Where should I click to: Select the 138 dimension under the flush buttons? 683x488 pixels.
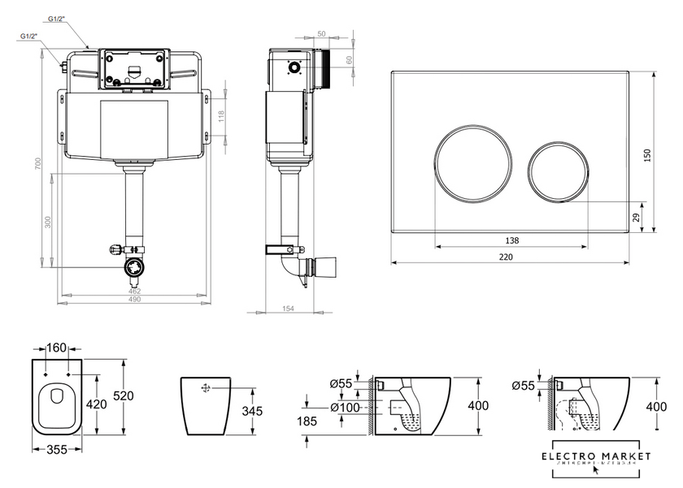click(x=511, y=240)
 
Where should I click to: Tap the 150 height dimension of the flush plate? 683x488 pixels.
click(x=648, y=155)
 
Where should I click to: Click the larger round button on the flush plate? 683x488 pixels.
click(x=473, y=162)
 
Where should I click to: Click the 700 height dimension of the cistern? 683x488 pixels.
click(x=37, y=163)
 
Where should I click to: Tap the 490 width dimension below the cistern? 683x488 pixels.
click(x=135, y=300)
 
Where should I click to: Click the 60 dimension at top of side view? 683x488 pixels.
click(x=350, y=58)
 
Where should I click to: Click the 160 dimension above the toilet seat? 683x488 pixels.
click(x=57, y=348)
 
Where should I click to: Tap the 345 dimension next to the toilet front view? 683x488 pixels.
click(x=253, y=412)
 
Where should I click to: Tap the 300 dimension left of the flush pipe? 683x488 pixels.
click(x=48, y=220)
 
